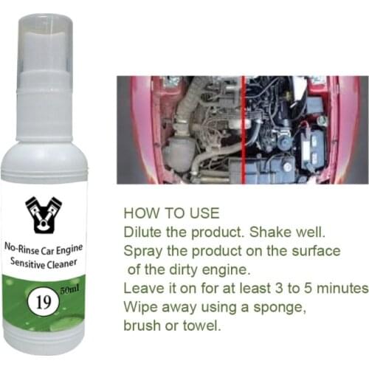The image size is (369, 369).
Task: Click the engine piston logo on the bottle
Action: coord(44,214)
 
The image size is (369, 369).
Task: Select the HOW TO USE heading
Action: coord(170,213)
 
